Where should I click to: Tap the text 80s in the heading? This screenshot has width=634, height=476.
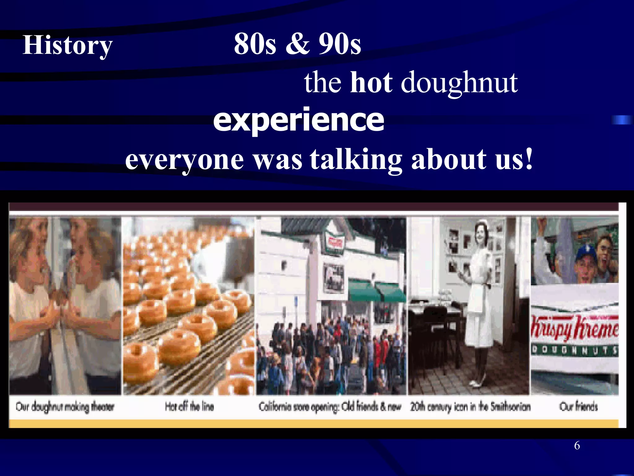tap(254, 44)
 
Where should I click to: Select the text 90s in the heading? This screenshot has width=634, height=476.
tap(340, 44)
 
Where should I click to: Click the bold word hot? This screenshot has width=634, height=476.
tap(371, 82)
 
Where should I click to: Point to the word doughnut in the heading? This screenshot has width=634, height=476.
tap(459, 83)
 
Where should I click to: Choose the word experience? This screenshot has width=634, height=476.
tap(298, 120)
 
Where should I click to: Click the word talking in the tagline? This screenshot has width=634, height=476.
tap(356, 159)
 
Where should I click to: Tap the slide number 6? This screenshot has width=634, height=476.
tap(577, 446)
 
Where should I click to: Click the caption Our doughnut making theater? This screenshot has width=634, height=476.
tap(65, 407)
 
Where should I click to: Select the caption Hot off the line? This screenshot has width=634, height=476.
tap(189, 406)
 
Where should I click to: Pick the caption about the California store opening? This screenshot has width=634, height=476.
tap(330, 407)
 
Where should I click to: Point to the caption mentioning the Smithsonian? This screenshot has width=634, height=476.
tap(470, 406)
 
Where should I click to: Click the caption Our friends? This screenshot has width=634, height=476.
tap(578, 406)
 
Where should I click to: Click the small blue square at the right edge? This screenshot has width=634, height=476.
tap(621, 120)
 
